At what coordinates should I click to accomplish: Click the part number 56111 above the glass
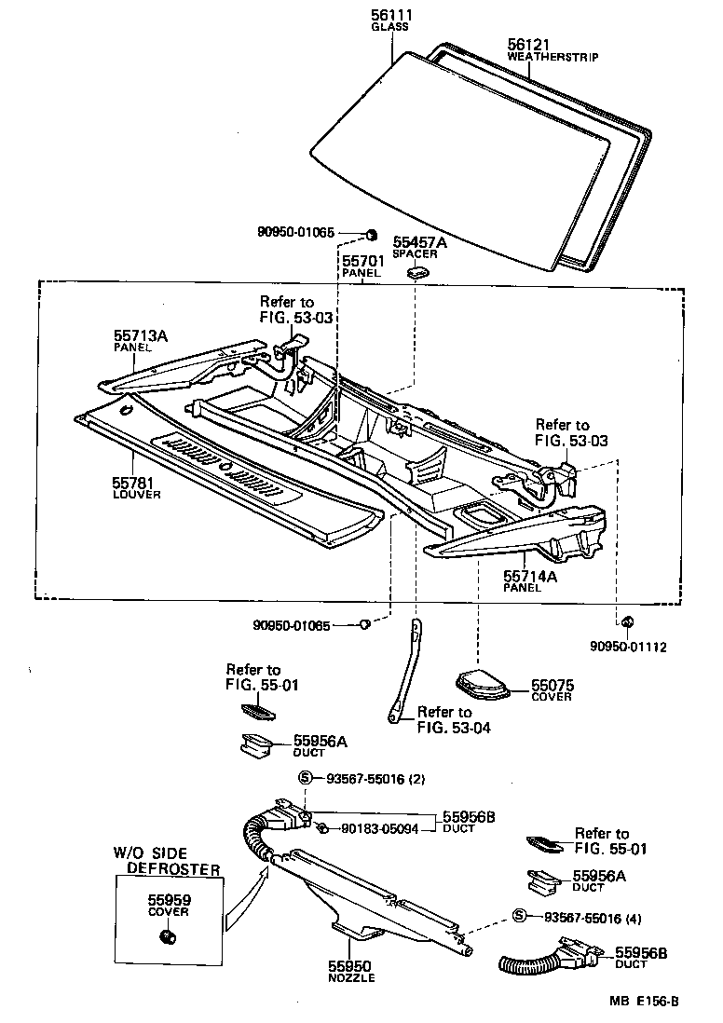point(392,16)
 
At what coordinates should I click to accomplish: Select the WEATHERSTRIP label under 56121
point(552,57)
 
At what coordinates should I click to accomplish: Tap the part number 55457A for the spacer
point(419,242)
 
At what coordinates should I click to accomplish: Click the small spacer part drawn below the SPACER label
point(416,273)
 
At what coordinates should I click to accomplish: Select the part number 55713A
point(141,334)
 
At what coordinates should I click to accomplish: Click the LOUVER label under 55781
point(136,495)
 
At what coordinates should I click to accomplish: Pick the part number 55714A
point(530,577)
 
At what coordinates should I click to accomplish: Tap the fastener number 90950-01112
point(628,647)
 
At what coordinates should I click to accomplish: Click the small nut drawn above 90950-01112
point(627,621)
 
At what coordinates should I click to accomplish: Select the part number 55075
point(552,685)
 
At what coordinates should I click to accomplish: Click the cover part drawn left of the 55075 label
point(483,685)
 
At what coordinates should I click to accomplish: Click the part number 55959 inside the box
point(169,900)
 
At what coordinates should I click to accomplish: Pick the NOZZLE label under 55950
point(351,978)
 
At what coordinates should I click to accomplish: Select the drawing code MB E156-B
point(644,1003)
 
